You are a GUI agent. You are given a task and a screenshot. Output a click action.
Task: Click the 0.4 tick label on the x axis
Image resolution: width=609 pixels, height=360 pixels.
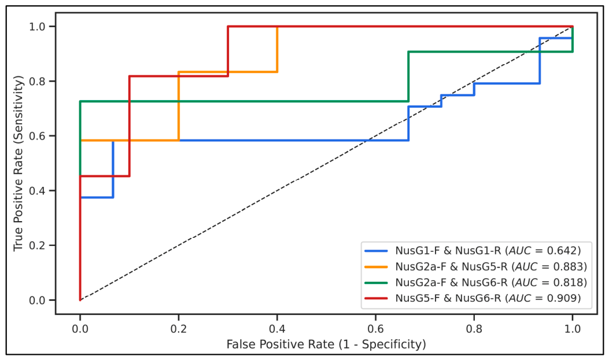tap(277, 329)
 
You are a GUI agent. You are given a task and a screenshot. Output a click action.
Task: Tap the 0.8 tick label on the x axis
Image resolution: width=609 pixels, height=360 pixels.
tap(474, 329)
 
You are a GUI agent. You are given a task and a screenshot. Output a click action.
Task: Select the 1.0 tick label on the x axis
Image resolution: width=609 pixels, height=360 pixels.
tap(573, 329)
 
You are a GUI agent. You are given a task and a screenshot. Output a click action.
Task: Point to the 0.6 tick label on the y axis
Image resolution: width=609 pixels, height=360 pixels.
tap(37, 136)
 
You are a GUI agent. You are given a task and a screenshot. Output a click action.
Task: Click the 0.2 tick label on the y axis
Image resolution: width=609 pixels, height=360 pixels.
tap(37, 246)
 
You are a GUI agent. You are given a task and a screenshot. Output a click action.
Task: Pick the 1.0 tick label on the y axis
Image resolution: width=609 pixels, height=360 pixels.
tap(37, 27)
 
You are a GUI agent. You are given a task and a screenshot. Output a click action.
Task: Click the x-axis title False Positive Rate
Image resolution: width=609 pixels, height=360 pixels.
tap(280, 344)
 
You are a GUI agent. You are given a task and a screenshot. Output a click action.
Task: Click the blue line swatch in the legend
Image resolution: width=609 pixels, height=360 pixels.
tap(377, 251)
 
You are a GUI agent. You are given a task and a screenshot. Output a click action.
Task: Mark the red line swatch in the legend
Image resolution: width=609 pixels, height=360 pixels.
tap(377, 299)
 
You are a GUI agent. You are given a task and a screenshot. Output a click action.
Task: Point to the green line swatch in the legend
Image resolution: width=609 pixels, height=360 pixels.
tap(377, 282)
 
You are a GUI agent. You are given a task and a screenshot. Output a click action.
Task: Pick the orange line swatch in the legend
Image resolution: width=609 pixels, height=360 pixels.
tap(377, 267)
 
